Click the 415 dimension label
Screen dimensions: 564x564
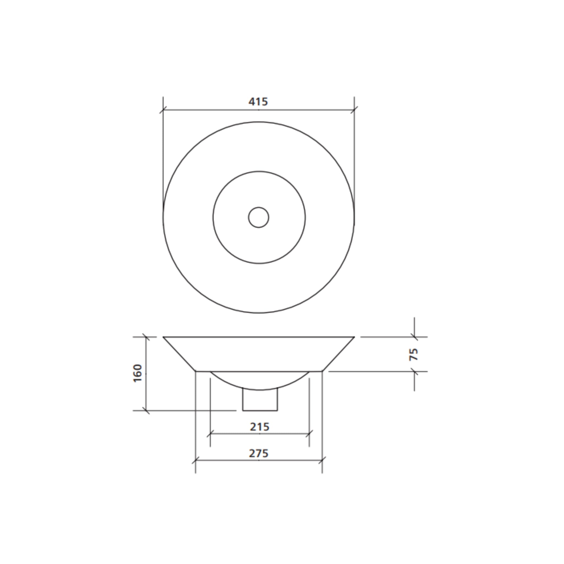pos(258,102)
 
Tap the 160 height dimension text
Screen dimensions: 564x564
pos(137,373)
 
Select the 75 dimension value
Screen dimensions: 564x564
pos(414,354)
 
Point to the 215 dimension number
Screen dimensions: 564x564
pos(259,427)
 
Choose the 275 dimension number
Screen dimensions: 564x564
pos(259,453)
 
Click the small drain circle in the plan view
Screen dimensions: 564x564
pos(259,218)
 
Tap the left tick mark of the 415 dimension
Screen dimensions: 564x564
pos(163,110)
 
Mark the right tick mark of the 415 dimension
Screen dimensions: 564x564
pos(354,110)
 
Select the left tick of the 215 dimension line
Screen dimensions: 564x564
pos(210,434)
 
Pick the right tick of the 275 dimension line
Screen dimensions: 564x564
pos(322,460)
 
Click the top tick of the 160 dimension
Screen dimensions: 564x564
pos(146,337)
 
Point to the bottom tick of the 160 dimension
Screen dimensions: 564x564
pos(146,410)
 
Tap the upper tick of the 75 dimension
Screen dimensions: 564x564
pos(414,337)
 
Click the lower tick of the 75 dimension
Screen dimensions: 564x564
pos(414,372)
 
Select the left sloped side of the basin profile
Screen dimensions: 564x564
pos(179,354)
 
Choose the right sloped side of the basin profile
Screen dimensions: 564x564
pos(339,354)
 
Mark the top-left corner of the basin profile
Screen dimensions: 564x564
pos(164,337)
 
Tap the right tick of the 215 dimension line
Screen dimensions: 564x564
pos(309,434)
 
